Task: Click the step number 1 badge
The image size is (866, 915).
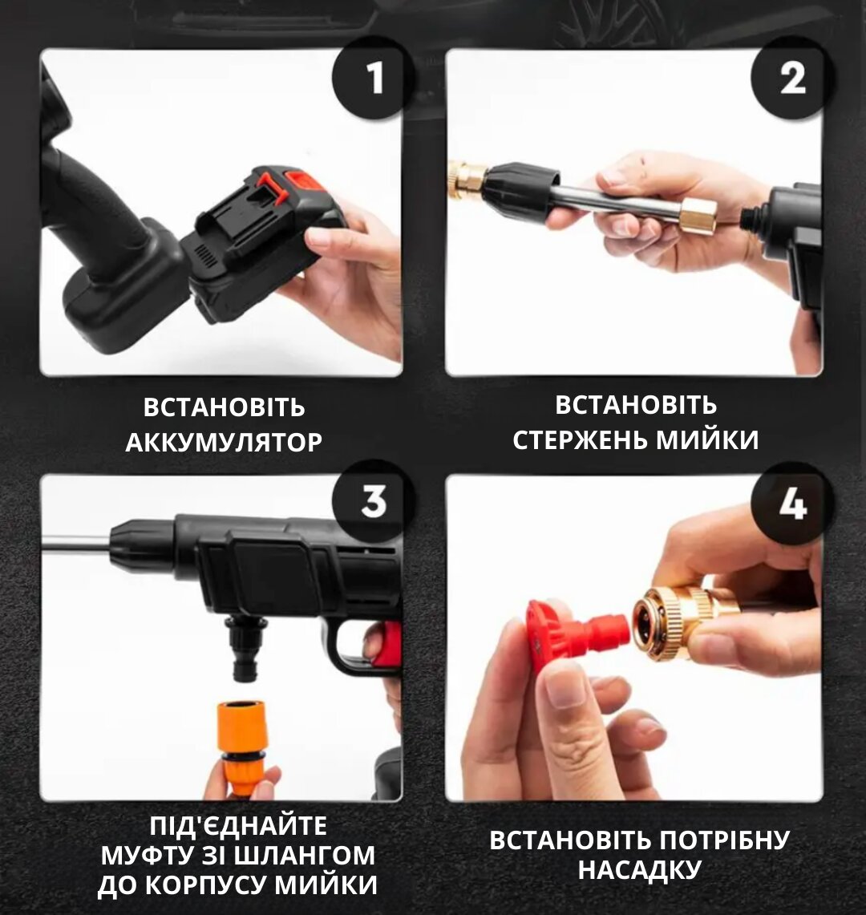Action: click(x=374, y=79)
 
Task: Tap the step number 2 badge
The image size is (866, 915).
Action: click(x=792, y=79)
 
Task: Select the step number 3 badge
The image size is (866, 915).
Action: click(x=374, y=500)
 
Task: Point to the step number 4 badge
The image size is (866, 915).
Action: click(x=792, y=503)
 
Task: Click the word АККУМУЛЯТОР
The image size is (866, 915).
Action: click(x=224, y=443)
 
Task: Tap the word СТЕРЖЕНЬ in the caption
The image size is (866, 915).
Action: click(x=578, y=440)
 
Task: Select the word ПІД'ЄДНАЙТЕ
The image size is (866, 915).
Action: click(x=237, y=826)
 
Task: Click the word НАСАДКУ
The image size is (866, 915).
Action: click(x=640, y=869)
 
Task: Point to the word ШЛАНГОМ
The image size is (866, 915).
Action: click(x=310, y=856)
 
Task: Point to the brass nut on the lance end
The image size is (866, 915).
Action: click(x=698, y=216)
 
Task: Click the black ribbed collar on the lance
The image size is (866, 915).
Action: click(x=520, y=192)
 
